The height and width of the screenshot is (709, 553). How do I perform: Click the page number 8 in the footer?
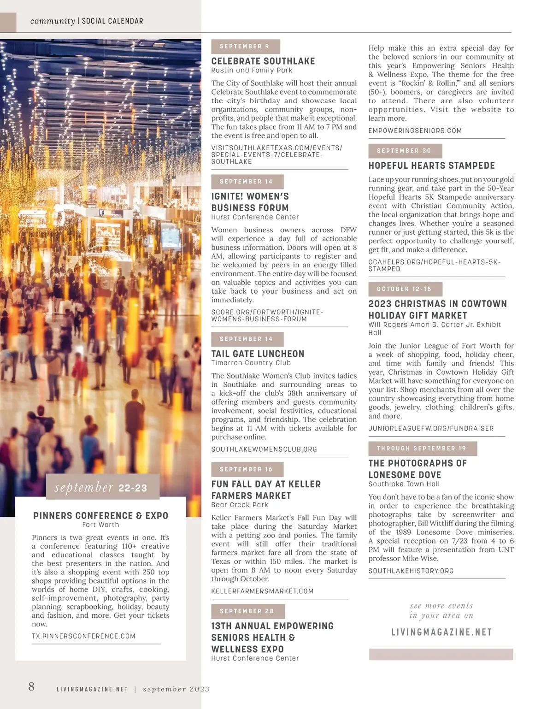tap(31, 686)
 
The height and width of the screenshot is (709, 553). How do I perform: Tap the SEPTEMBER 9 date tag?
tap(245, 47)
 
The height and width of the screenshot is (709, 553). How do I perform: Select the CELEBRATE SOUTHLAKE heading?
tap(263, 61)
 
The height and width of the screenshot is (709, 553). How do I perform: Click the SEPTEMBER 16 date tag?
tap(247, 469)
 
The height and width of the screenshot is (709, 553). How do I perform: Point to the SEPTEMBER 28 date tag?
tap(247, 611)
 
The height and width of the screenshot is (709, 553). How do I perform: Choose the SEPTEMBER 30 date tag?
tap(405, 151)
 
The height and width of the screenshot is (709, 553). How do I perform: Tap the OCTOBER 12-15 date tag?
tap(405, 289)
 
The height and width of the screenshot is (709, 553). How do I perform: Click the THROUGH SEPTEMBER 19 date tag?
tap(422, 449)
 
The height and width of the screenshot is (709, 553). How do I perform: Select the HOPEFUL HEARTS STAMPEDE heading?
tap(431, 165)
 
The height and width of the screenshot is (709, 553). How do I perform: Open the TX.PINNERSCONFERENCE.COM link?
tap(83, 636)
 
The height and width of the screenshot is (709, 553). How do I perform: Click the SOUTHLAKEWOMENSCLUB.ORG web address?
tap(264, 449)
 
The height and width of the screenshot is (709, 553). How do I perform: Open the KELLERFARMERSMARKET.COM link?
tap(262, 591)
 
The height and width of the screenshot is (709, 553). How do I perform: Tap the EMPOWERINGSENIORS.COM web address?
tap(415, 131)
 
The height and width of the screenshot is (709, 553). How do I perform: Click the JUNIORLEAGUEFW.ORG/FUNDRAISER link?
tap(431, 429)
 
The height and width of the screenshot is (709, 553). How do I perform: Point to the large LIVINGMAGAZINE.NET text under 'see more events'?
tap(441, 632)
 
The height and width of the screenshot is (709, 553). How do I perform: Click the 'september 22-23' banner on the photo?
tap(102, 487)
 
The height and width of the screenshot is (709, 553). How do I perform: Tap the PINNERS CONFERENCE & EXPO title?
tap(100, 516)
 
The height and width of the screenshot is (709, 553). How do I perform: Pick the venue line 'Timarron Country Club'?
tap(251, 363)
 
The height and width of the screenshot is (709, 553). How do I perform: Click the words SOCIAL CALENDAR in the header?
tap(112, 21)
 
